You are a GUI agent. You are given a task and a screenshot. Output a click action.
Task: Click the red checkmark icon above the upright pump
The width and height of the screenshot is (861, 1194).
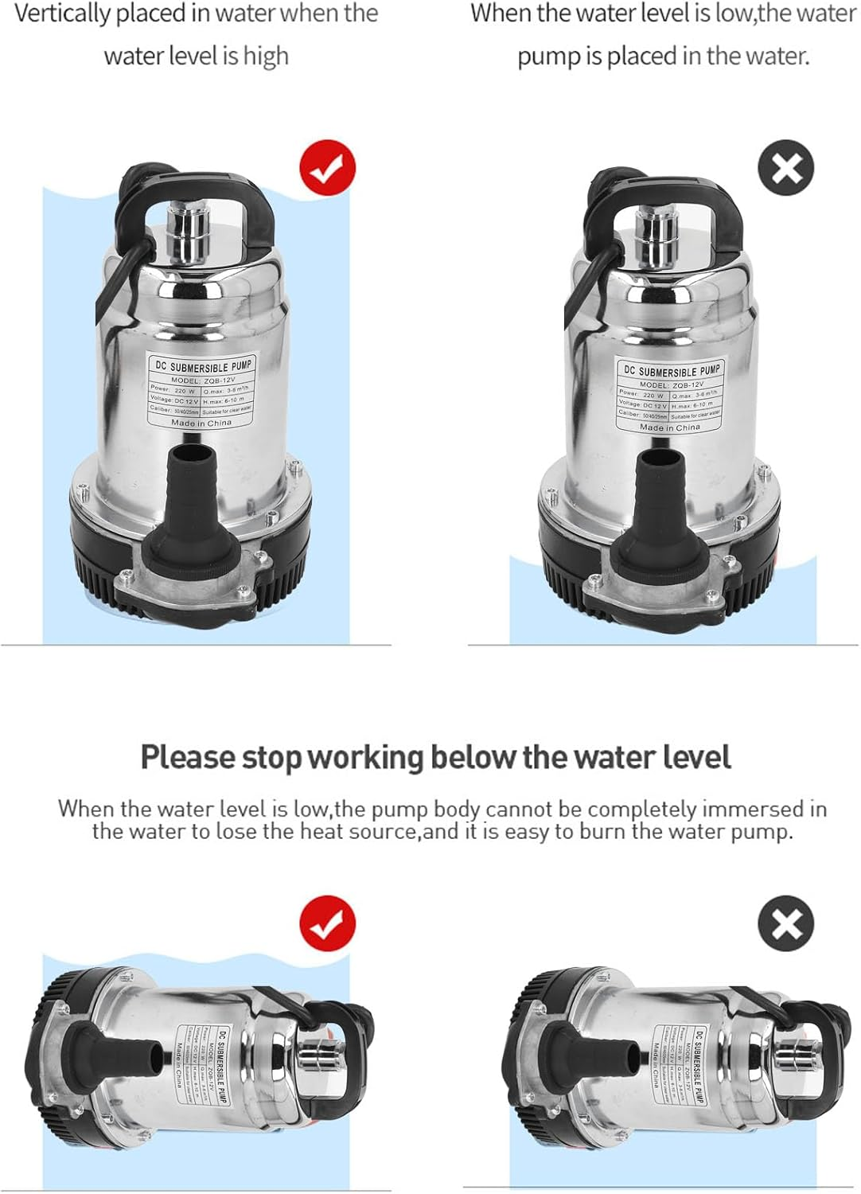click(x=327, y=168)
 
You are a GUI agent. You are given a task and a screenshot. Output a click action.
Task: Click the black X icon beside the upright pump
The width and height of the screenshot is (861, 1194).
click(x=786, y=168)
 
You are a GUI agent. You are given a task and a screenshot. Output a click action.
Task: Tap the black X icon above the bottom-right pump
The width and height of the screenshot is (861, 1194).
click(x=786, y=923)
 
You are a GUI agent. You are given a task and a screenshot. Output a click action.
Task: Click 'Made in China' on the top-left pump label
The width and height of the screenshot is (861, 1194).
click(x=201, y=423)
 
